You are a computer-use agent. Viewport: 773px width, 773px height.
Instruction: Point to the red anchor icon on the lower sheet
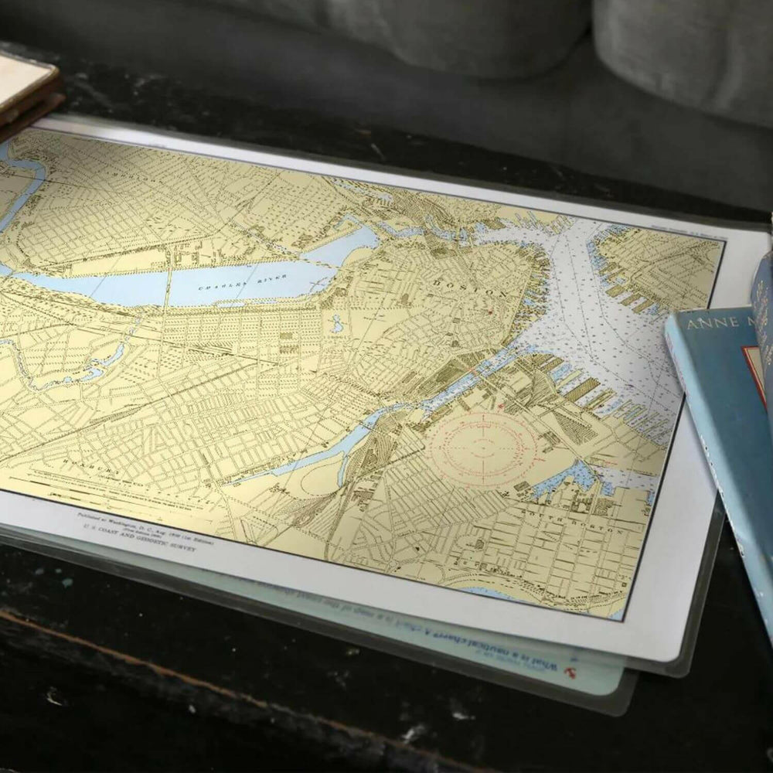click(574, 671)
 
